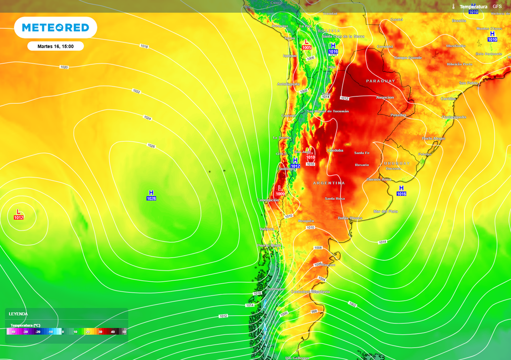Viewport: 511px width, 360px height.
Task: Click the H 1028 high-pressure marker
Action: point(151,195)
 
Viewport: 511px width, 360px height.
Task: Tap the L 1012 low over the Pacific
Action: point(18,214)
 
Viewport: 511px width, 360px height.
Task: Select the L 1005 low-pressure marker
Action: point(306,44)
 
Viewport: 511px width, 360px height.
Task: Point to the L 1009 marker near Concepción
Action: point(280,191)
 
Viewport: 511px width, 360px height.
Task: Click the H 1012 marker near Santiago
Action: point(295,163)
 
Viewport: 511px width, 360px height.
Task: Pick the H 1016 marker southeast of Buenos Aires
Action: point(401,190)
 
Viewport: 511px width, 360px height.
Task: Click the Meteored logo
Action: point(55,28)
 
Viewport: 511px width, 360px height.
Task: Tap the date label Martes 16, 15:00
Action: point(55,46)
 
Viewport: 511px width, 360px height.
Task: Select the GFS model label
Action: point(497,6)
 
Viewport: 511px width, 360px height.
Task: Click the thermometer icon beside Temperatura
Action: point(454,7)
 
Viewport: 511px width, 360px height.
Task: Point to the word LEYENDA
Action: point(18,314)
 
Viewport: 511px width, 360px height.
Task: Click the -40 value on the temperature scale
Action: point(13,332)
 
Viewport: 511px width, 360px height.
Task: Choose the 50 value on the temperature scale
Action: point(124,332)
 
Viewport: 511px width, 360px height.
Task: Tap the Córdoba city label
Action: point(335,150)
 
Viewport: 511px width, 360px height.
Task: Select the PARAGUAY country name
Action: point(380,81)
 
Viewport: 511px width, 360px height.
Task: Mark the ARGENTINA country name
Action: point(329,183)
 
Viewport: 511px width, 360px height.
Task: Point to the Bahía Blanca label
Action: point(349,218)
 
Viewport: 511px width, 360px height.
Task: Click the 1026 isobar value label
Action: point(151,146)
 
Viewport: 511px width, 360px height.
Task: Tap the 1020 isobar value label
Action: point(64,67)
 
